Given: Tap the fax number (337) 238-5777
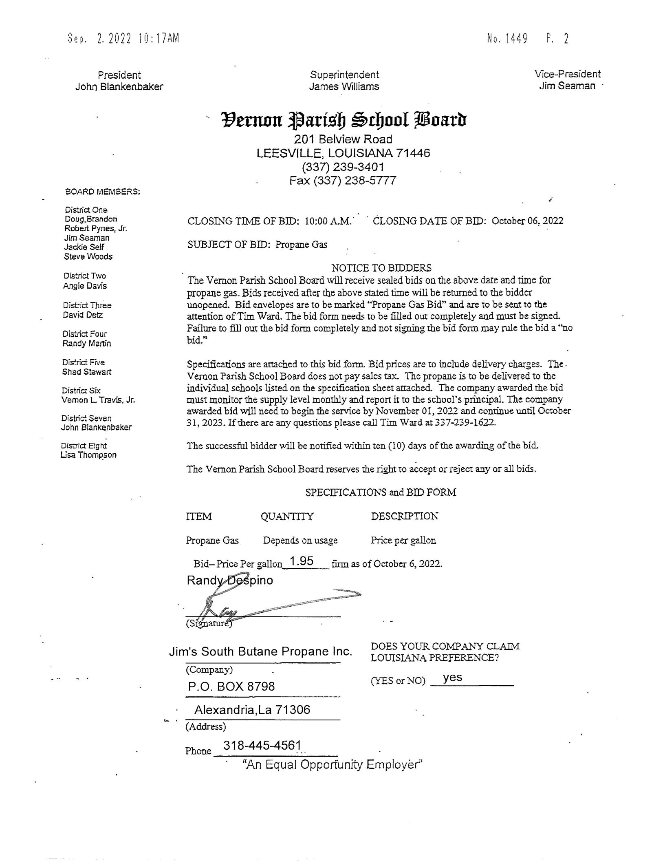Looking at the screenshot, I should (x=342, y=181).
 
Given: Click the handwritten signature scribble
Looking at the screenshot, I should (x=261, y=604).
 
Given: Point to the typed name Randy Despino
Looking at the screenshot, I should (x=230, y=580).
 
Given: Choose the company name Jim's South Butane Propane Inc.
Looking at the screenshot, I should (x=260, y=651).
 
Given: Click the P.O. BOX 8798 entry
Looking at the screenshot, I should (x=231, y=686).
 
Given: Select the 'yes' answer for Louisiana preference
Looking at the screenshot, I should (x=452, y=678).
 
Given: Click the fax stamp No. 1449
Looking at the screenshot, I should (x=507, y=39).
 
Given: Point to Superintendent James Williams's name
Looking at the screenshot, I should (x=344, y=86).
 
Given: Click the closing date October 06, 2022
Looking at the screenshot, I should (x=527, y=221).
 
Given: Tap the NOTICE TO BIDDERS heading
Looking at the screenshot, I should (x=381, y=268).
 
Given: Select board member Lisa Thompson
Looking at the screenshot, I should (x=88, y=455).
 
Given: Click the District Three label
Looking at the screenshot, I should (x=87, y=305).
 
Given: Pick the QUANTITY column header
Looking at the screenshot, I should (x=287, y=517).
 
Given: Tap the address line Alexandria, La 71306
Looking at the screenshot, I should (x=252, y=710).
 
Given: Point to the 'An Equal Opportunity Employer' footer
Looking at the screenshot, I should (x=332, y=764).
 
